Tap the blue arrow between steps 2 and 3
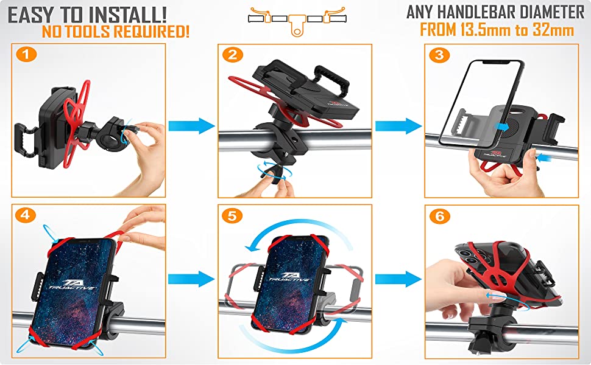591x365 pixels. (x=398, y=127)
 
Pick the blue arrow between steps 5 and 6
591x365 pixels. (x=398, y=280)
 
